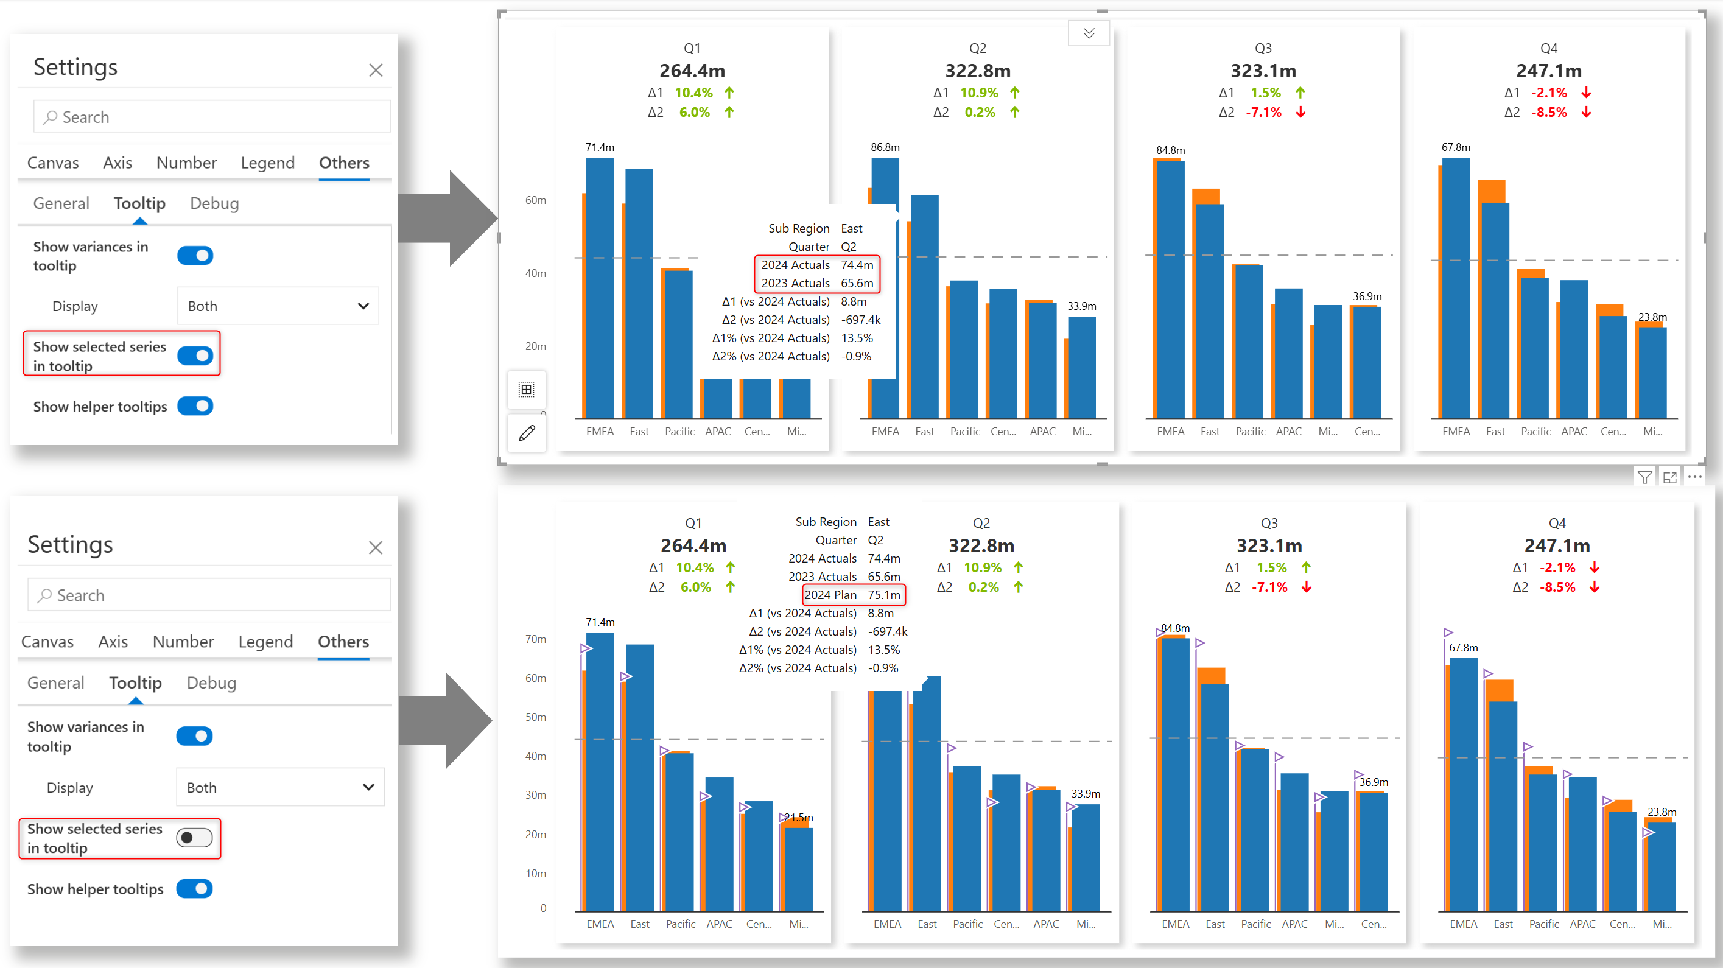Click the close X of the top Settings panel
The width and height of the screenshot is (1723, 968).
click(376, 70)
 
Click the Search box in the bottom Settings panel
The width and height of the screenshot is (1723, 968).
click(209, 595)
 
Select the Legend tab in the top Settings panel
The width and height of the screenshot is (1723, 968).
click(267, 163)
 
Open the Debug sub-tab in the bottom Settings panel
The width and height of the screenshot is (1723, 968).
click(211, 682)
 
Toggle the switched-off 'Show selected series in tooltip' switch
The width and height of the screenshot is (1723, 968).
click(195, 838)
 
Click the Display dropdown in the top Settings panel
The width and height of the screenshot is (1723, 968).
click(278, 306)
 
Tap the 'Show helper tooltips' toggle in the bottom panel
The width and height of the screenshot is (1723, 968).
click(195, 888)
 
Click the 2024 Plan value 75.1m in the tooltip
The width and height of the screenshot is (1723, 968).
click(883, 595)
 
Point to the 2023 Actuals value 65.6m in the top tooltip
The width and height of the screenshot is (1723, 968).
click(857, 283)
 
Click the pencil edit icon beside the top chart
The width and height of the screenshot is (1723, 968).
click(527, 433)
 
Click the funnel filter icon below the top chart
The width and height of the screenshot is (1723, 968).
click(1644, 477)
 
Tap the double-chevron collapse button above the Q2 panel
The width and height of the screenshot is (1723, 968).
click(1089, 33)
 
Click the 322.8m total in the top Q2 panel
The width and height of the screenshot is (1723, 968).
click(978, 71)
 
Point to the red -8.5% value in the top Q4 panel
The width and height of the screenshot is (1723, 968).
click(1549, 113)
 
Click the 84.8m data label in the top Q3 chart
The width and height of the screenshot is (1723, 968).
click(1171, 150)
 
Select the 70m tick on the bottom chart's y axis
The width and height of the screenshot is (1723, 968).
click(536, 639)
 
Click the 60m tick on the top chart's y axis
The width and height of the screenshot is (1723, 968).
click(536, 200)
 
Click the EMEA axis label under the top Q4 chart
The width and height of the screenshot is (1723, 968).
click(1456, 432)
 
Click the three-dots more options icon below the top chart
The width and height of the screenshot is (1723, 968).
click(1694, 477)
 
